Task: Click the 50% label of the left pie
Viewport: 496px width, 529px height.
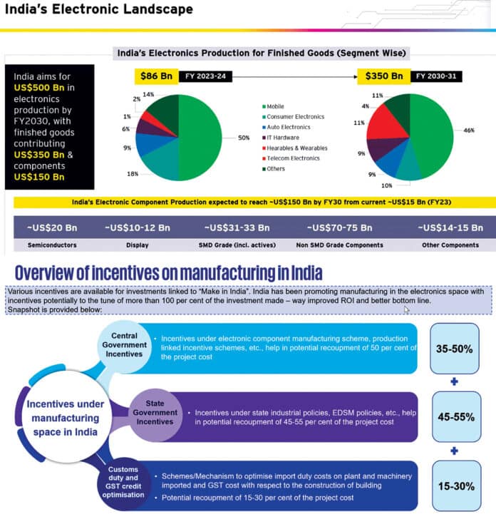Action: (244, 137)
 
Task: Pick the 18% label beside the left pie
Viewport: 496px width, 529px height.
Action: (133, 174)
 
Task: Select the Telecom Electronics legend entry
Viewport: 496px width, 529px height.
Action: (291, 158)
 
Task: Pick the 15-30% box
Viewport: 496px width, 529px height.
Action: (456, 486)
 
